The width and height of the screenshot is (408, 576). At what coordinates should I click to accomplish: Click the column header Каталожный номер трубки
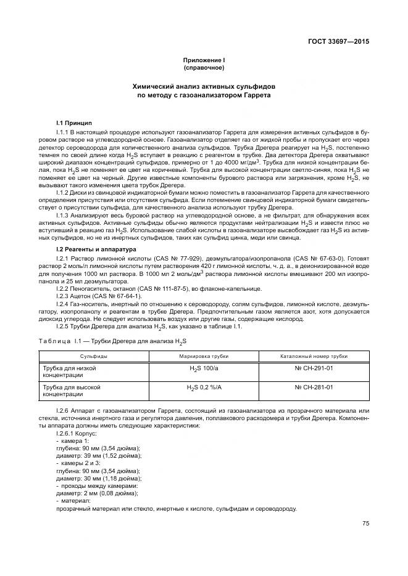point(314,356)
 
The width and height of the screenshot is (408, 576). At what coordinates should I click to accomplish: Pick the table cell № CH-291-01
point(314,368)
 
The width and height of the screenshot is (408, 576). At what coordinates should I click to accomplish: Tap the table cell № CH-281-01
point(314,387)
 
